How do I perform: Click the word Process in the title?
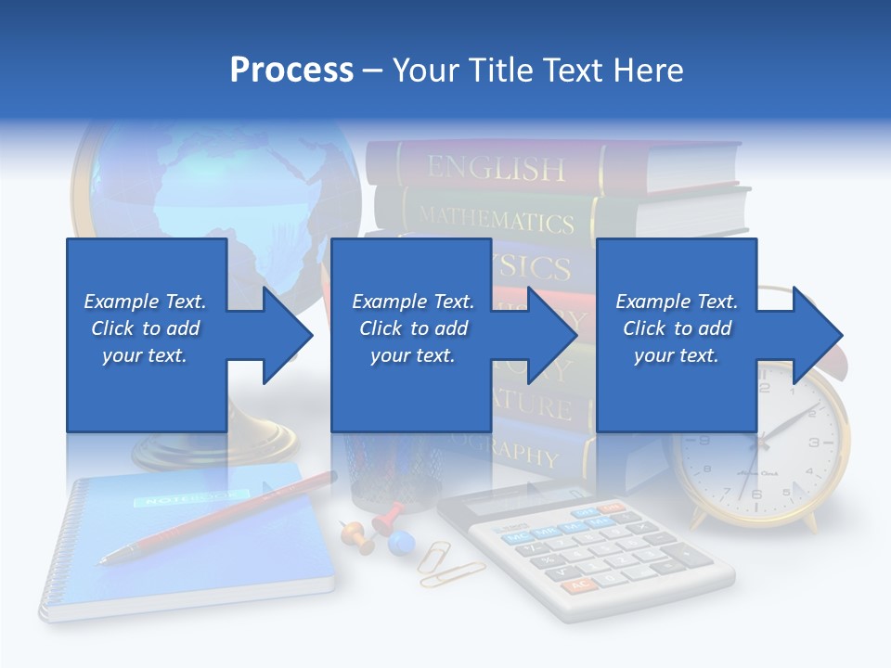point(291,71)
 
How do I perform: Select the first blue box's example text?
point(145,328)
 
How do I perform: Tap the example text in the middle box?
point(413,328)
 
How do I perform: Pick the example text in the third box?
point(677,328)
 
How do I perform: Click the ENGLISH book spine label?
point(496,168)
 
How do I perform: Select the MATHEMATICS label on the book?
point(496,220)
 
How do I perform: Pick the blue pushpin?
point(400,542)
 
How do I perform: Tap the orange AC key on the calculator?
point(579,585)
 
